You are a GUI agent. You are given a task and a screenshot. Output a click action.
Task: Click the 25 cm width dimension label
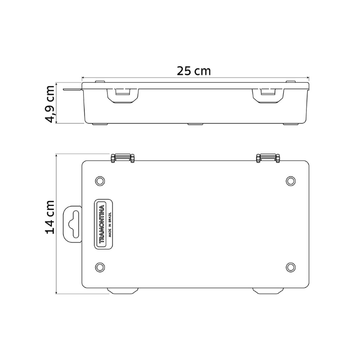pyautogui.click(x=194, y=71)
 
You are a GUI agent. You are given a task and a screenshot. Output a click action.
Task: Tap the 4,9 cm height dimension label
pyautogui.click(x=49, y=104)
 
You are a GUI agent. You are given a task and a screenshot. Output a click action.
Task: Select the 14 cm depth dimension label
pyautogui.click(x=49, y=217)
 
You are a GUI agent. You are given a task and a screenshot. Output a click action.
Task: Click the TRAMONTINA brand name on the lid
pyautogui.click(x=101, y=224)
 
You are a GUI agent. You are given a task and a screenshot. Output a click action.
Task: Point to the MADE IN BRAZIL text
pyautogui.click(x=110, y=224)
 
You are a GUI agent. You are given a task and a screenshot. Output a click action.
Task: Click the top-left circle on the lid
pyautogui.click(x=100, y=181)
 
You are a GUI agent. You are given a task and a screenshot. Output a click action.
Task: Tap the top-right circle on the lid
pyautogui.click(x=291, y=181)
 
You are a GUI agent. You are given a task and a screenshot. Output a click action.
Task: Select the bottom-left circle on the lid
pyautogui.click(x=100, y=267)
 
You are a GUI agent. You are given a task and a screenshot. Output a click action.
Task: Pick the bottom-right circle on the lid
pyautogui.click(x=291, y=267)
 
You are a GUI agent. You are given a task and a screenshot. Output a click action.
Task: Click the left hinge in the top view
pyautogui.click(x=123, y=158)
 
